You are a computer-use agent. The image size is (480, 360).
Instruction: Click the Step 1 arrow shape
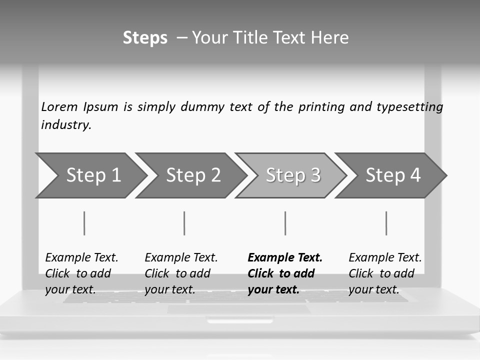(93, 175)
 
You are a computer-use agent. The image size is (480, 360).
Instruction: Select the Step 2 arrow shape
(193, 175)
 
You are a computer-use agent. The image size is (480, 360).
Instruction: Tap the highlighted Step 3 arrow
(293, 175)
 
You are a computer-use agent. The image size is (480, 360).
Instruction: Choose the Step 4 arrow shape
(393, 175)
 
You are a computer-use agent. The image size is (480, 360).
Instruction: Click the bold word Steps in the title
(145, 38)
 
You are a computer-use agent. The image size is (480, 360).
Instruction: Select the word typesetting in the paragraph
(409, 107)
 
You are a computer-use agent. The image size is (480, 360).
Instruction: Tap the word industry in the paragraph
(66, 125)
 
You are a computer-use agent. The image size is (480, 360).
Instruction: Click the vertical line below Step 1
(84, 223)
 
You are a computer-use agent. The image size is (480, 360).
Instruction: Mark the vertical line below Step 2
(184, 223)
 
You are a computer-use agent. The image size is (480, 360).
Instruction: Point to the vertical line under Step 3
(285, 223)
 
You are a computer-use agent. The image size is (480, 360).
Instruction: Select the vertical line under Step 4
(386, 223)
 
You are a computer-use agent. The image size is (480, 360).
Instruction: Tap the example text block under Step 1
(81, 273)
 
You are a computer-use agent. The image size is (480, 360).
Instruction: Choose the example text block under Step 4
(385, 273)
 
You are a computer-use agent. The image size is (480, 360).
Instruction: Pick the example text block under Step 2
(181, 273)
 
